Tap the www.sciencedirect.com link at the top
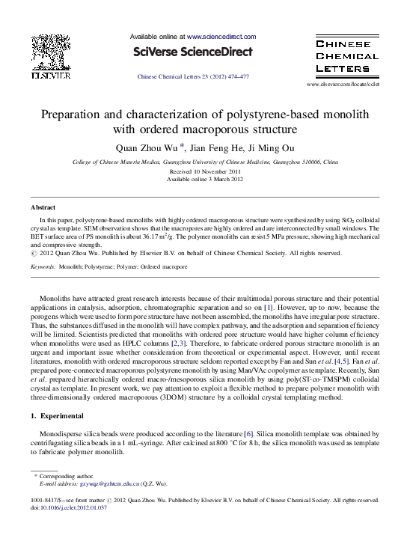[221, 36]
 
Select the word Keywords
[43, 266]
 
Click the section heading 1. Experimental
[57, 415]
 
